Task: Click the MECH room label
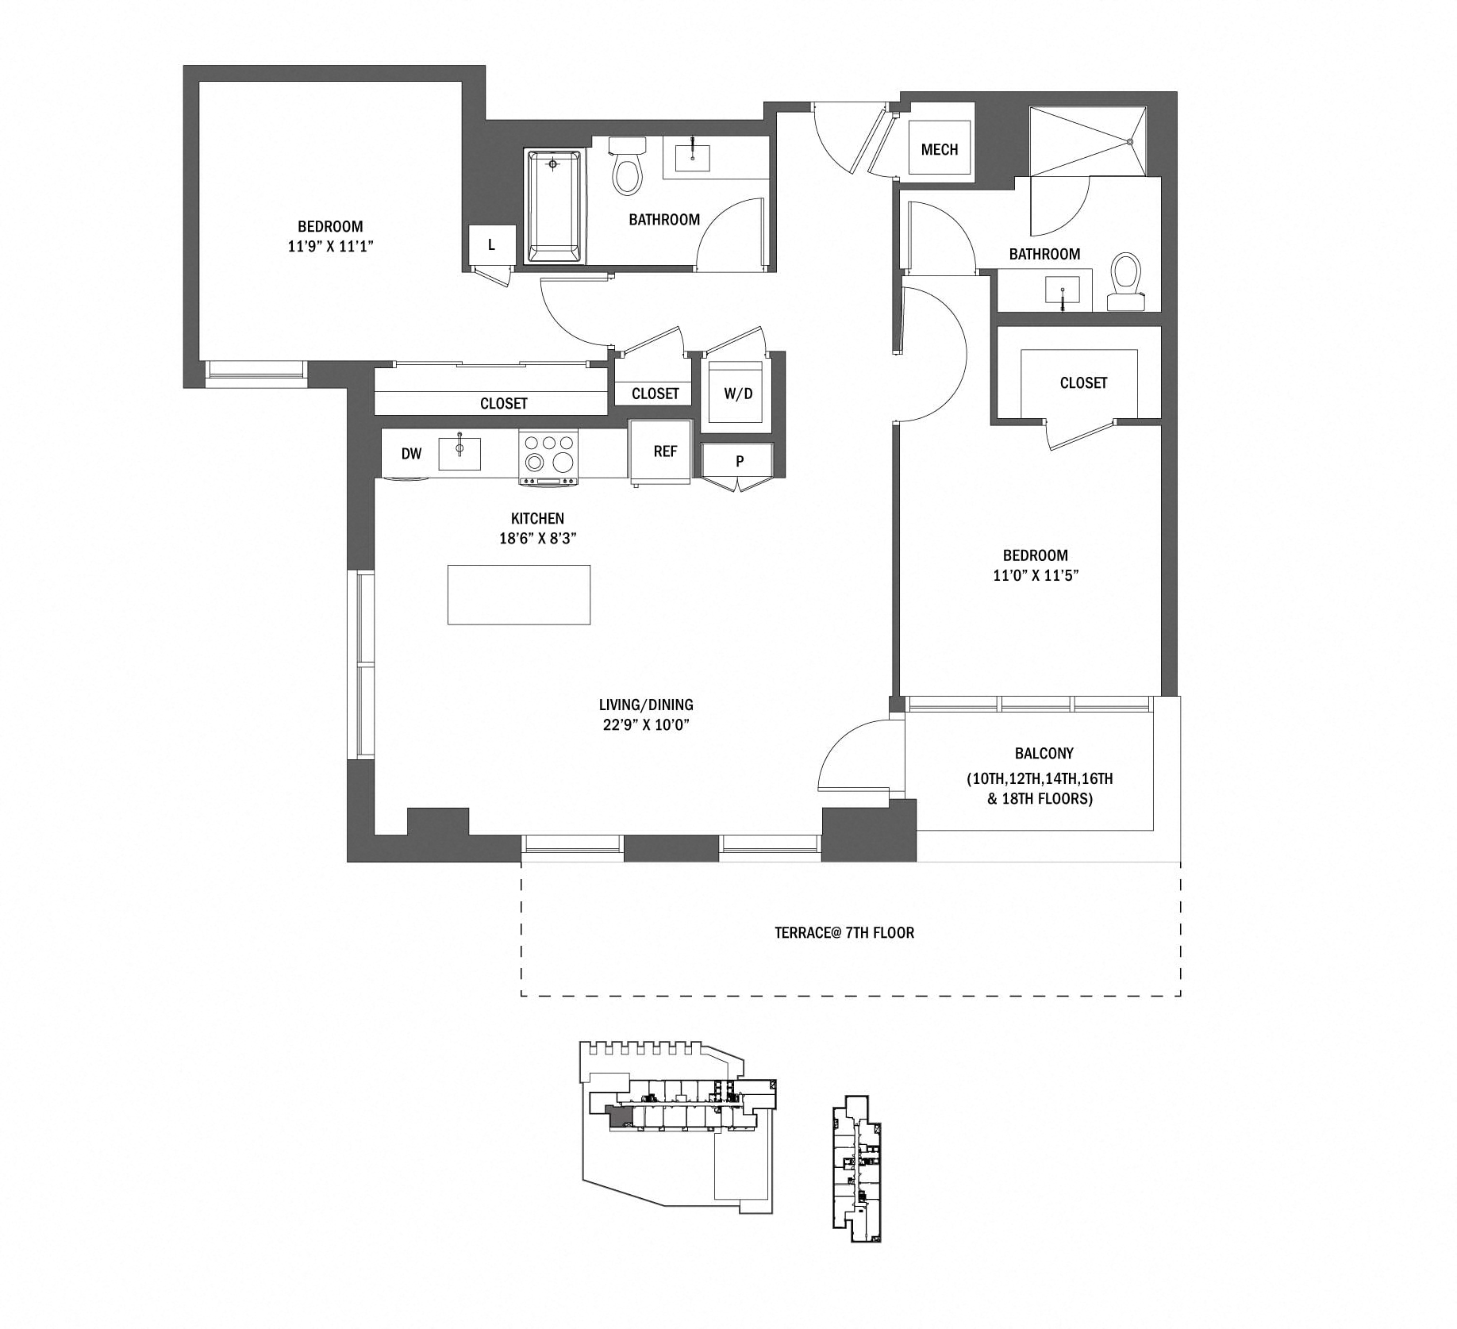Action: [x=939, y=149]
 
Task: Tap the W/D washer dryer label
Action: [x=738, y=394]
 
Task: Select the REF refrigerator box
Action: [x=661, y=451]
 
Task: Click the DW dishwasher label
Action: [x=411, y=454]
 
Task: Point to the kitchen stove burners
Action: [x=548, y=453]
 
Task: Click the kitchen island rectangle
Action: [x=518, y=594]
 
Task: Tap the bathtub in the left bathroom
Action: [x=554, y=205]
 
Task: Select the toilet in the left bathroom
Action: [x=627, y=168]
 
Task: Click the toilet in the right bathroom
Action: [x=1124, y=282]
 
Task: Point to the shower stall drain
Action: [x=1129, y=141]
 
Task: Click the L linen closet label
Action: [x=491, y=245]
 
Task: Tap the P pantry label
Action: [x=739, y=461]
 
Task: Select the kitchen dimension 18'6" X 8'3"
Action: [x=537, y=539]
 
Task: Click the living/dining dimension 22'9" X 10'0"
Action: [x=646, y=724]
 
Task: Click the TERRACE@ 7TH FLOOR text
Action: [x=844, y=932]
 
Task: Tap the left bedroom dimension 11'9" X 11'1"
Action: [x=330, y=247]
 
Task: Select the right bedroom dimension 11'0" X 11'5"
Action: [x=1035, y=575]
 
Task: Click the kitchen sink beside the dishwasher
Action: [x=459, y=452]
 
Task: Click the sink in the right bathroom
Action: [x=1062, y=290]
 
